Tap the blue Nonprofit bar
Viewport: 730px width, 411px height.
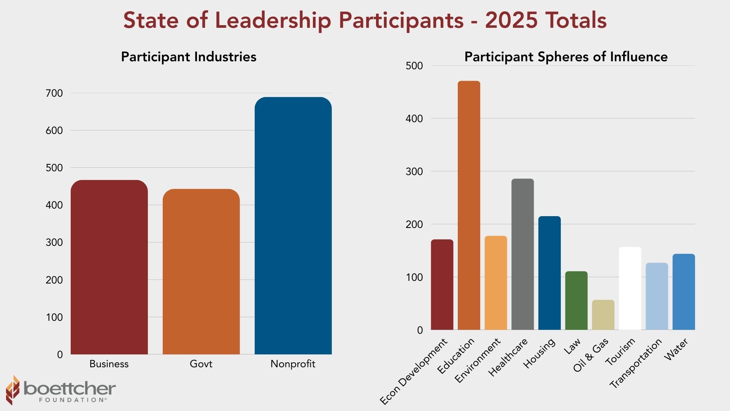click(293, 226)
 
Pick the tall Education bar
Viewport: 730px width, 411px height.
click(469, 205)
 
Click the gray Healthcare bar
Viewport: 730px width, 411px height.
click(522, 254)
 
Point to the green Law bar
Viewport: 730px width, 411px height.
click(576, 301)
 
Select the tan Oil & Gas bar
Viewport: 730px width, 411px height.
click(603, 315)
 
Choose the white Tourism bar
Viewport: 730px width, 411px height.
click(630, 288)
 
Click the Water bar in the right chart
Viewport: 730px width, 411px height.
click(684, 292)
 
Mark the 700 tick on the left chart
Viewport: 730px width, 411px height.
click(54, 93)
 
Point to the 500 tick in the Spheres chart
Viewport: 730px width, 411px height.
click(414, 66)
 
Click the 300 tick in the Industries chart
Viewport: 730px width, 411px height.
click(54, 242)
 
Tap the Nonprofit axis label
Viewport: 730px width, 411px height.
click(293, 364)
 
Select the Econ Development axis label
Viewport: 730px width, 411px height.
click(414, 371)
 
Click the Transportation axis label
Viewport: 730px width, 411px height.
click(636, 363)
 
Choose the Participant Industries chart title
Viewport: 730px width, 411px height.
click(189, 57)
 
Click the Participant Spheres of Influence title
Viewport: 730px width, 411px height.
click(566, 57)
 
